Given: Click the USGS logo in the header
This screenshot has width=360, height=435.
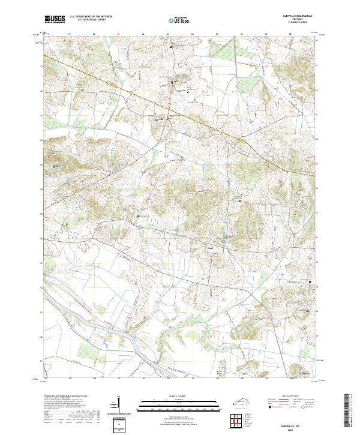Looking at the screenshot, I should pyautogui.click(x=55, y=19).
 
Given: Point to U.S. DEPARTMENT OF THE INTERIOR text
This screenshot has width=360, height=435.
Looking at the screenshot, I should pyautogui.click(x=91, y=17).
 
